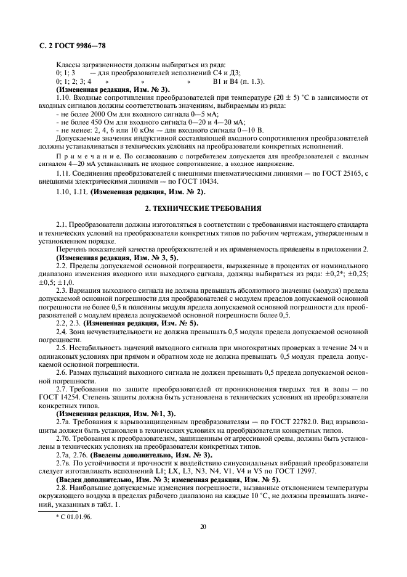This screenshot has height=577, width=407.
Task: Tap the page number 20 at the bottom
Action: point(203,527)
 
